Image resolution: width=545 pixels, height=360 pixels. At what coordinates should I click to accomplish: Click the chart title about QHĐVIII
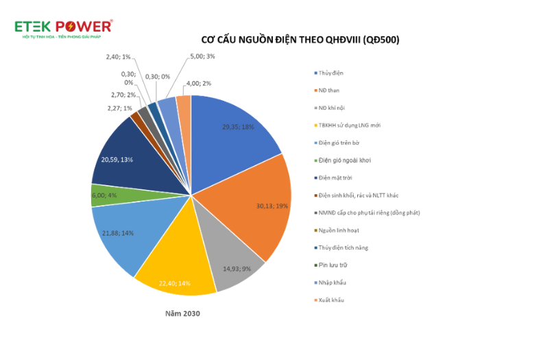[300, 40]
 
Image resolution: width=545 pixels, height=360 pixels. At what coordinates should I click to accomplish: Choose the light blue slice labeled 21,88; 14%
[120, 233]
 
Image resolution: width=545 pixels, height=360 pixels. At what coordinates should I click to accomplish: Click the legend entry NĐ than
[328, 91]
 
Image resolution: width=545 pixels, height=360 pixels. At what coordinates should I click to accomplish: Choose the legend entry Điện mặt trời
[335, 178]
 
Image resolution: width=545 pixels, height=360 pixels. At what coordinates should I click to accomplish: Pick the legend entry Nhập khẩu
[331, 283]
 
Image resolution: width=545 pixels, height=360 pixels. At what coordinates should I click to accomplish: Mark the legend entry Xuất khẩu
[331, 300]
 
